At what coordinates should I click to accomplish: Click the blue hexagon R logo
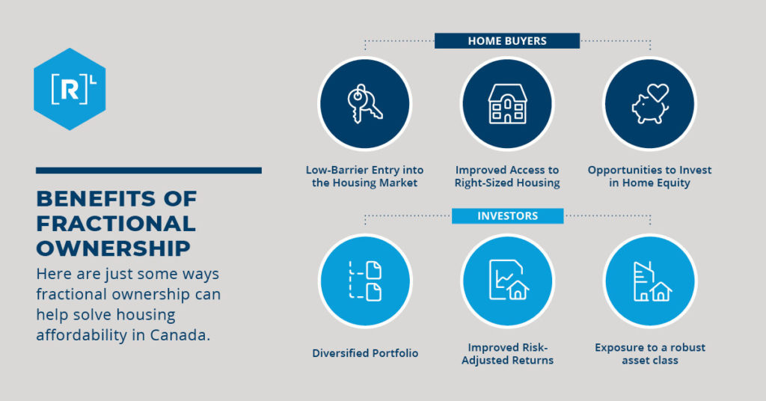point(70,89)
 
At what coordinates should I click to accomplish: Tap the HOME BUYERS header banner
point(506,41)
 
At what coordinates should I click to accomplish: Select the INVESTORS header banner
point(507,216)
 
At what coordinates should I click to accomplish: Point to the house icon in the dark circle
point(507,104)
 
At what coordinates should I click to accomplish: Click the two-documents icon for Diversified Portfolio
point(364,281)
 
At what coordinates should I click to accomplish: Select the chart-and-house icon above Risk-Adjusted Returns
point(507,281)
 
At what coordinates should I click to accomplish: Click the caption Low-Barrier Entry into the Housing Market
point(365,177)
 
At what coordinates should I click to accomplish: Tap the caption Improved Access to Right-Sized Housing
point(507,177)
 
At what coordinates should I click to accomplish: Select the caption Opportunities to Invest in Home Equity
point(649,177)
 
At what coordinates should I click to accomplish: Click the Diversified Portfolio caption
point(365,353)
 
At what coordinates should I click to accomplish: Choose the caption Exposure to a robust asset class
point(649,354)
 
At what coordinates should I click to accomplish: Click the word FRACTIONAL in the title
point(115,224)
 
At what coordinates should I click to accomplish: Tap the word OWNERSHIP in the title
point(113,248)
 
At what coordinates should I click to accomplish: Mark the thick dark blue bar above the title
point(148,171)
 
